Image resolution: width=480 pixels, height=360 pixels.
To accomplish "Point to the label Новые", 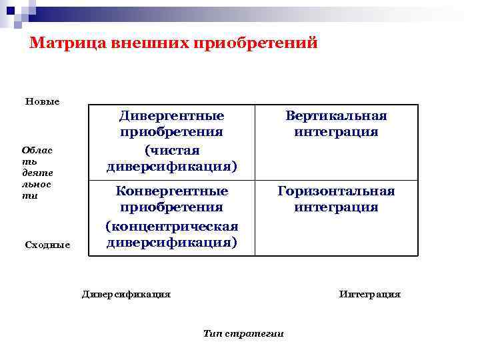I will pyautogui.click(x=42, y=101).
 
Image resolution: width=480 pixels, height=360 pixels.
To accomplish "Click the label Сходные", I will pyautogui.click(x=47, y=245).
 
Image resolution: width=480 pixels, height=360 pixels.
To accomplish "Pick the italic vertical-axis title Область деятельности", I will pyautogui.click(x=37, y=172).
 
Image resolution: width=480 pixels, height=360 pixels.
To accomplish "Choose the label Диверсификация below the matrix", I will pyautogui.click(x=126, y=293).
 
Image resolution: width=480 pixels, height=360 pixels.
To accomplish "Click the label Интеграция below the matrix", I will pyautogui.click(x=370, y=293).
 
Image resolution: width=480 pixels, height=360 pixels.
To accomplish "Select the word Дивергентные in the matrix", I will pyautogui.click(x=171, y=115).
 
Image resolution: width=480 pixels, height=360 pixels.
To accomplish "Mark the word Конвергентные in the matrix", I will pyautogui.click(x=171, y=191).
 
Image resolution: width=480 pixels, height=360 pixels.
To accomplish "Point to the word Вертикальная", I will pyautogui.click(x=336, y=115).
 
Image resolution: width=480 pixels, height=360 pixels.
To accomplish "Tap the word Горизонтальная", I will pyautogui.click(x=336, y=191).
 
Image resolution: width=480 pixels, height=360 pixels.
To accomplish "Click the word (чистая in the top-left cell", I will pyautogui.click(x=171, y=149).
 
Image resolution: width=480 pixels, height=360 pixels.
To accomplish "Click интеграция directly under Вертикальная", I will pyautogui.click(x=336, y=132).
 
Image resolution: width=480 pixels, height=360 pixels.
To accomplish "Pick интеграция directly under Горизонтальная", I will pyautogui.click(x=336, y=207).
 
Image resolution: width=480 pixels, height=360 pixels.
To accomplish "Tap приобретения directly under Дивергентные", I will pyautogui.click(x=171, y=132).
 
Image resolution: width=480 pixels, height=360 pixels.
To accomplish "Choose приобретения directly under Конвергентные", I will pyautogui.click(x=171, y=208).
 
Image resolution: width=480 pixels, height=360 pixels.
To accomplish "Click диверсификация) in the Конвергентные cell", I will pyautogui.click(x=171, y=241).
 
